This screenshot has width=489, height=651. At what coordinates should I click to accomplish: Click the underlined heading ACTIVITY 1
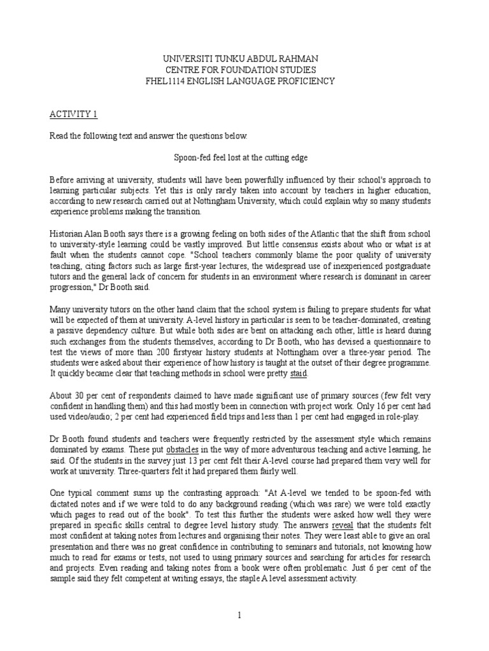click(74, 114)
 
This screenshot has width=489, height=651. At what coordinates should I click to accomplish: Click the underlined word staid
click(299, 374)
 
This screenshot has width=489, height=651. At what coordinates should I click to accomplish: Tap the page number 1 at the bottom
click(239, 615)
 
